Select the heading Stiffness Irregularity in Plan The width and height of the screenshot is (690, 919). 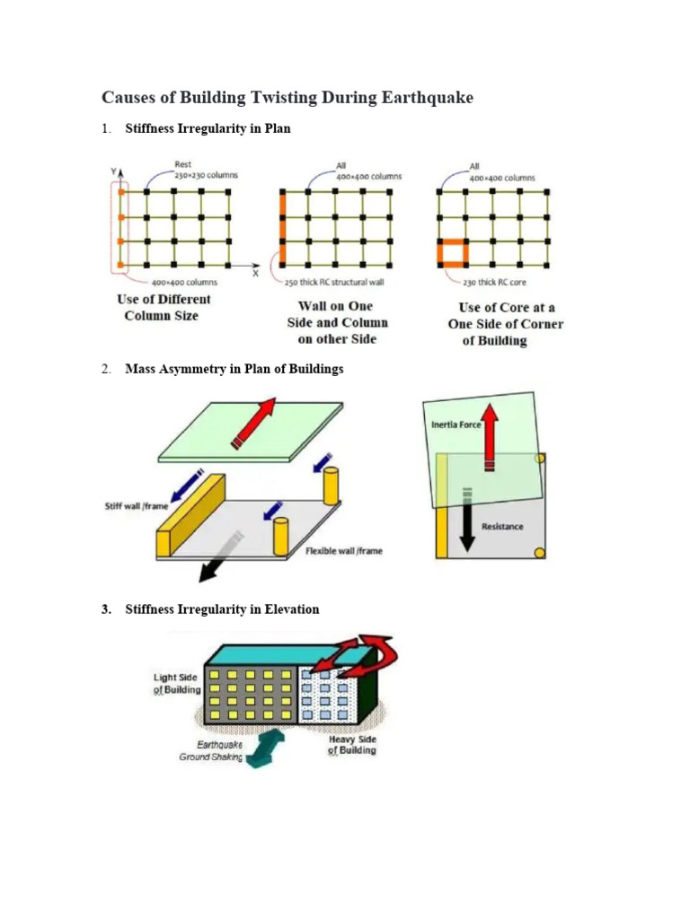tap(208, 129)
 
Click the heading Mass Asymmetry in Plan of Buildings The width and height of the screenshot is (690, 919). tap(234, 369)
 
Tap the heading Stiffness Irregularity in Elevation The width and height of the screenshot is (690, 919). tap(222, 609)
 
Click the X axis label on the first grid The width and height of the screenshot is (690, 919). tap(255, 274)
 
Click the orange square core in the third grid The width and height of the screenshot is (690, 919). tap(453, 254)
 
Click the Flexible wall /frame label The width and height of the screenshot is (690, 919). tap(343, 551)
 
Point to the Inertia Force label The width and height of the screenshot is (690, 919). tap(455, 424)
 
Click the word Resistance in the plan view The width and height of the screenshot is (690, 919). tap(502, 526)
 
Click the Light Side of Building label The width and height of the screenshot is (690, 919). tap(176, 684)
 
